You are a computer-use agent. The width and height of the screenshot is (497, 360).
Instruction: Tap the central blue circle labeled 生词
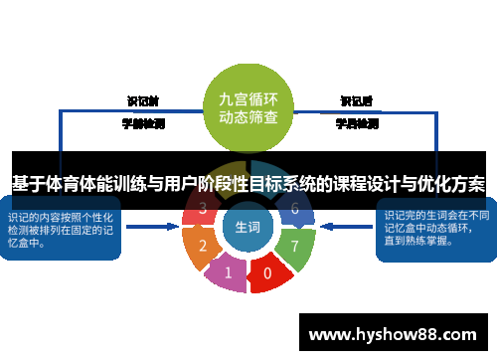click(248, 228)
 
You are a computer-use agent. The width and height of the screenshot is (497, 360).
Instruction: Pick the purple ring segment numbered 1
click(228, 270)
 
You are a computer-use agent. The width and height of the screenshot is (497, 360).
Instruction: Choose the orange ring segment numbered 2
click(204, 245)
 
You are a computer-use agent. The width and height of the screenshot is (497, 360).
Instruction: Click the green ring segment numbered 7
click(293, 244)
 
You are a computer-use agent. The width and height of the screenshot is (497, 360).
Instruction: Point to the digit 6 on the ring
click(294, 209)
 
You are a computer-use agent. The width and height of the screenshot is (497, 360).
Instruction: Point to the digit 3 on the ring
click(203, 209)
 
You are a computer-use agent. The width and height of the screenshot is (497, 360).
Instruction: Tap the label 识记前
click(143, 101)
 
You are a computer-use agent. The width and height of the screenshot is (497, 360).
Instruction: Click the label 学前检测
click(143, 124)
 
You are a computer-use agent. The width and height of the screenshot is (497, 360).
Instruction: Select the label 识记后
click(356, 101)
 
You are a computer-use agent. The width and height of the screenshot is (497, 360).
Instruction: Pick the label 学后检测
click(356, 124)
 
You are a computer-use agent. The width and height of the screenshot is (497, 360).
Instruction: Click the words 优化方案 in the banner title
click(452, 184)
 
